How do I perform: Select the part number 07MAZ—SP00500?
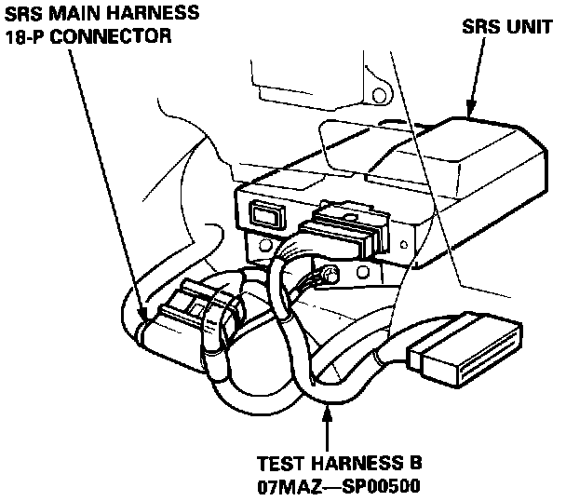[338, 485]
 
